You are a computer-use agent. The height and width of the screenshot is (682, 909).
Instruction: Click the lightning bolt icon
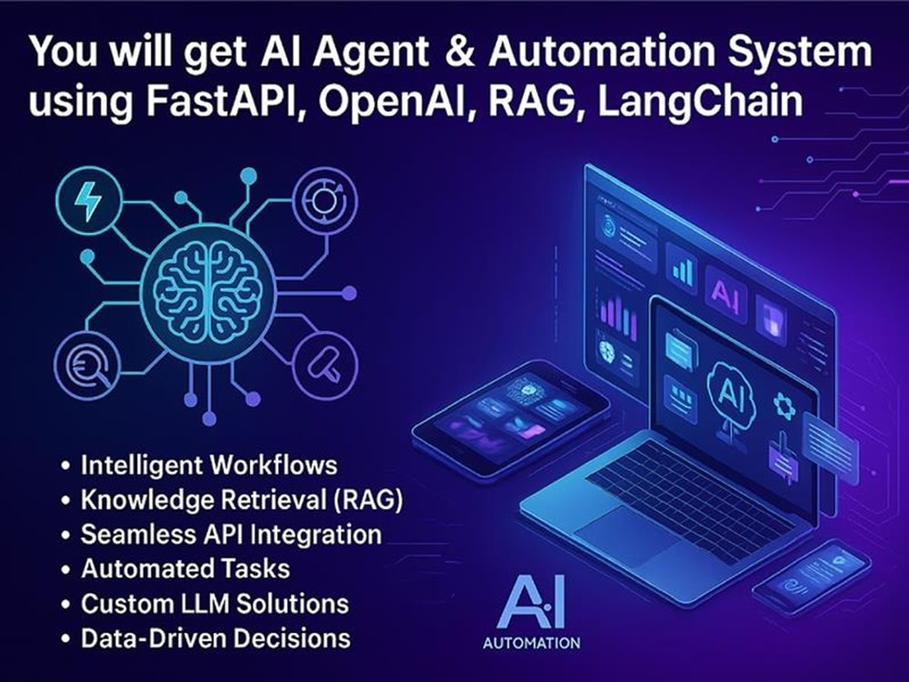point(87,201)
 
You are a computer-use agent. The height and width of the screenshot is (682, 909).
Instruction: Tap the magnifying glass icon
point(87,368)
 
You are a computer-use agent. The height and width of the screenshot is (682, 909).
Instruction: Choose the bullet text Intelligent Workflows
point(209,466)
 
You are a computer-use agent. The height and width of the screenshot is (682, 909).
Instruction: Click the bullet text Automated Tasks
point(185,569)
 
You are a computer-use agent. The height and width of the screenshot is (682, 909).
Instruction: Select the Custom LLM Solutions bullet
point(215,604)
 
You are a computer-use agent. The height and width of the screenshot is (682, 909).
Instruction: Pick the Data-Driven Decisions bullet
point(215,638)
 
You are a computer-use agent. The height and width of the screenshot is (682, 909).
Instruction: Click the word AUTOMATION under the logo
point(532,643)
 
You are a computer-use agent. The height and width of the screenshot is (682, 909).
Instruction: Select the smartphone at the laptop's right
point(811,576)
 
